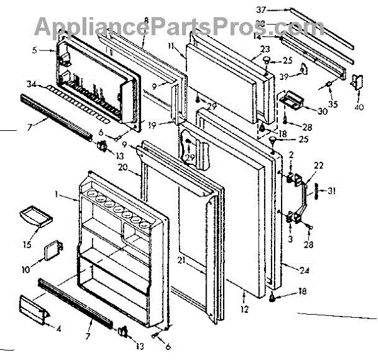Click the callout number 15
pos(26,244)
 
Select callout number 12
pos(244,309)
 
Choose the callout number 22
pos(319,165)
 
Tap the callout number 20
pos(123,167)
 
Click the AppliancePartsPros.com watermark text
pos(170,26)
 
